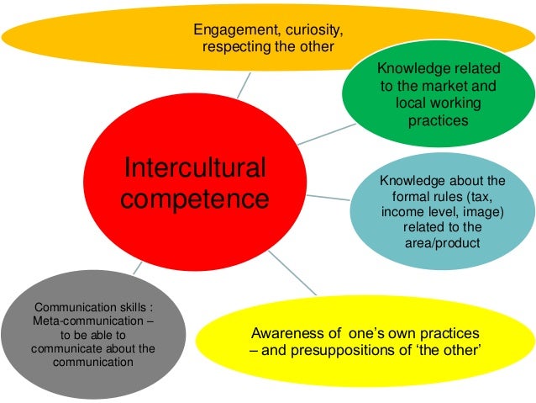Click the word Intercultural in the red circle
(195, 168)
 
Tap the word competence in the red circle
(194, 199)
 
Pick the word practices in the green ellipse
(439, 120)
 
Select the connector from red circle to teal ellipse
(336, 199)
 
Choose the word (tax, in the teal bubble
(489, 196)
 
